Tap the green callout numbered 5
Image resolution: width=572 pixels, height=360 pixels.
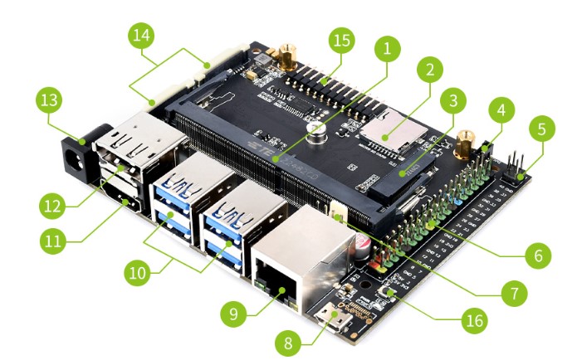pos(541,130)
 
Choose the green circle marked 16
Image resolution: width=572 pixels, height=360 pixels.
pos(472,318)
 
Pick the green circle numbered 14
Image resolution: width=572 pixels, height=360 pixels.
pos(142,36)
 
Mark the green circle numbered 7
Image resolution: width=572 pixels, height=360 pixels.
pos(514,293)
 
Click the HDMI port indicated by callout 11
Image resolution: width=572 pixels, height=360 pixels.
pos(122,202)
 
